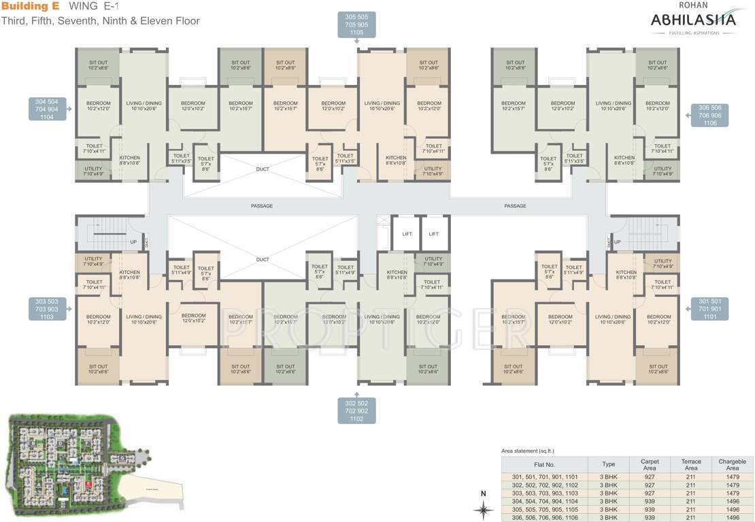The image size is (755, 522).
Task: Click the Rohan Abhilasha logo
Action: click(692, 20)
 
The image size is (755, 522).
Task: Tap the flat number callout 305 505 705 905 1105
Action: click(357, 24)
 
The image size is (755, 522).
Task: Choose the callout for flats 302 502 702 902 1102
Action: click(357, 411)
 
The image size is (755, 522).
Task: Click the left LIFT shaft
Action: click(407, 234)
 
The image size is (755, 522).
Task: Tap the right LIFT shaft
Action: click(434, 234)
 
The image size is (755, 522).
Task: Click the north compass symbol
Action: click(484, 507)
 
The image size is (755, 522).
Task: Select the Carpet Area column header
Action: click(650, 465)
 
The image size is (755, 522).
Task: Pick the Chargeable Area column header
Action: click(732, 465)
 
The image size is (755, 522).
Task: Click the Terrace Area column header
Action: click(690, 465)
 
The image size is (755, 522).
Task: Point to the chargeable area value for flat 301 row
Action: click(732, 477)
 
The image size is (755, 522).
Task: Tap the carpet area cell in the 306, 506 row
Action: click(650, 517)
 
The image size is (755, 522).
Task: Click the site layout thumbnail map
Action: click(95, 462)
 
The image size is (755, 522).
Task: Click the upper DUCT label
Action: click(262, 169)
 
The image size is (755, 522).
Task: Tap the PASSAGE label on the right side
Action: click(515, 206)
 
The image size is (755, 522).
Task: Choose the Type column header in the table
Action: click(608, 465)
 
